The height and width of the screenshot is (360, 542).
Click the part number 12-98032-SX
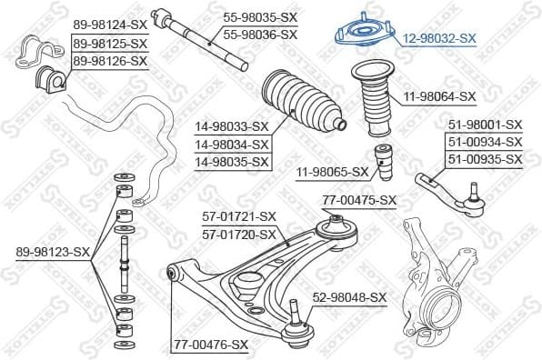[x=438, y=38]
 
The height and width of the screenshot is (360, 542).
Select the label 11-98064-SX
[x=440, y=95]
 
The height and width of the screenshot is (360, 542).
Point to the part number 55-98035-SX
[x=260, y=17]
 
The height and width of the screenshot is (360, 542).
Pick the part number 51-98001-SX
[x=484, y=125]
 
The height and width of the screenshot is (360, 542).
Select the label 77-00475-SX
[x=359, y=200]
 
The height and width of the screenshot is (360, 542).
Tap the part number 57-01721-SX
[x=237, y=216]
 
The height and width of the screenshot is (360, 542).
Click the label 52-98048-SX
[x=349, y=297]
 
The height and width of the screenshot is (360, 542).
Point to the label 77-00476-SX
[x=210, y=345]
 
